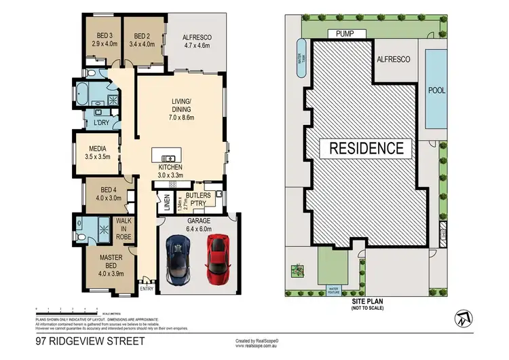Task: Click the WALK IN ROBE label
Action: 124,230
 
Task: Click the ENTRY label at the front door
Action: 146,289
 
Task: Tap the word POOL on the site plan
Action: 436,89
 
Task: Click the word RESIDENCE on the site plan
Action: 366,147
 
